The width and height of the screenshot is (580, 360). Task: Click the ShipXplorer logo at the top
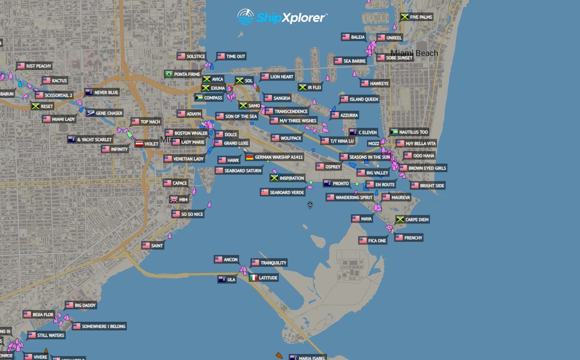(282, 17)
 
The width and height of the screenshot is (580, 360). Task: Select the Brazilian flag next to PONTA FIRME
(169, 74)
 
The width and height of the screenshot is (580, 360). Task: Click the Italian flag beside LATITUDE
(254, 278)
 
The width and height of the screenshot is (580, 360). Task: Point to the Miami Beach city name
(414, 53)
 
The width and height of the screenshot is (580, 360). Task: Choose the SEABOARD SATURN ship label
(243, 171)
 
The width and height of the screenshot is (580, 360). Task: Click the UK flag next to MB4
(174, 199)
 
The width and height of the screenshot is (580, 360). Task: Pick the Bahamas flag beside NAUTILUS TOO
(394, 132)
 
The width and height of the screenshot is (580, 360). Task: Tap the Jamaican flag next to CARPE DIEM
(400, 219)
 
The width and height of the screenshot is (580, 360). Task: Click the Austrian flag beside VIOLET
(139, 144)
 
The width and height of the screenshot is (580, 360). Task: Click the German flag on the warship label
(249, 157)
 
